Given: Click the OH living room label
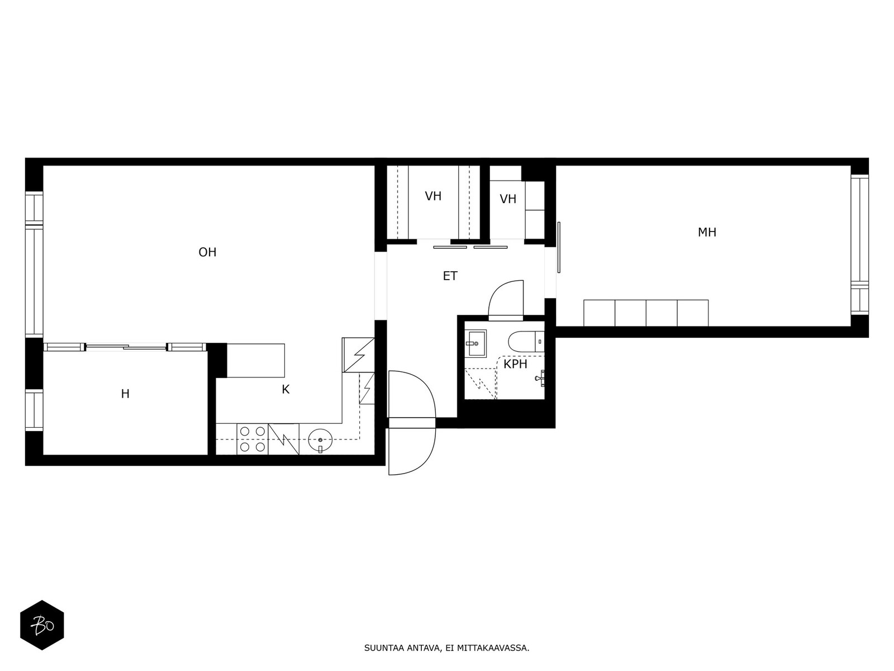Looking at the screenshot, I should (207, 252).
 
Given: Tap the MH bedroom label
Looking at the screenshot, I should (707, 232).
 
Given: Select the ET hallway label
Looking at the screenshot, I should (450, 276).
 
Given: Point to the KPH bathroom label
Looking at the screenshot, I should (515, 365).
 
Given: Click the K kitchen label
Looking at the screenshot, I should (286, 390).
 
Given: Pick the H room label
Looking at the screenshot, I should (125, 394).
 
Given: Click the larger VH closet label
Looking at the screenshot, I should (433, 196).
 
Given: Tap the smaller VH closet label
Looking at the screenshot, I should (508, 199).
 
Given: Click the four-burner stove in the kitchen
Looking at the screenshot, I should (253, 439).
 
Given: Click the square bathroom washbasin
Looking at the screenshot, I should (477, 342).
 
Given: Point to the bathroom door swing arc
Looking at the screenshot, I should (506, 299).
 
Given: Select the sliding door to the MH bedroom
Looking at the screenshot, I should (559, 247).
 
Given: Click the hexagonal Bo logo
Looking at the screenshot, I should (42, 625).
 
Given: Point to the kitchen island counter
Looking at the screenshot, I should (256, 361).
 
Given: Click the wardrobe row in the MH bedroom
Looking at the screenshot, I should (645, 313).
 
